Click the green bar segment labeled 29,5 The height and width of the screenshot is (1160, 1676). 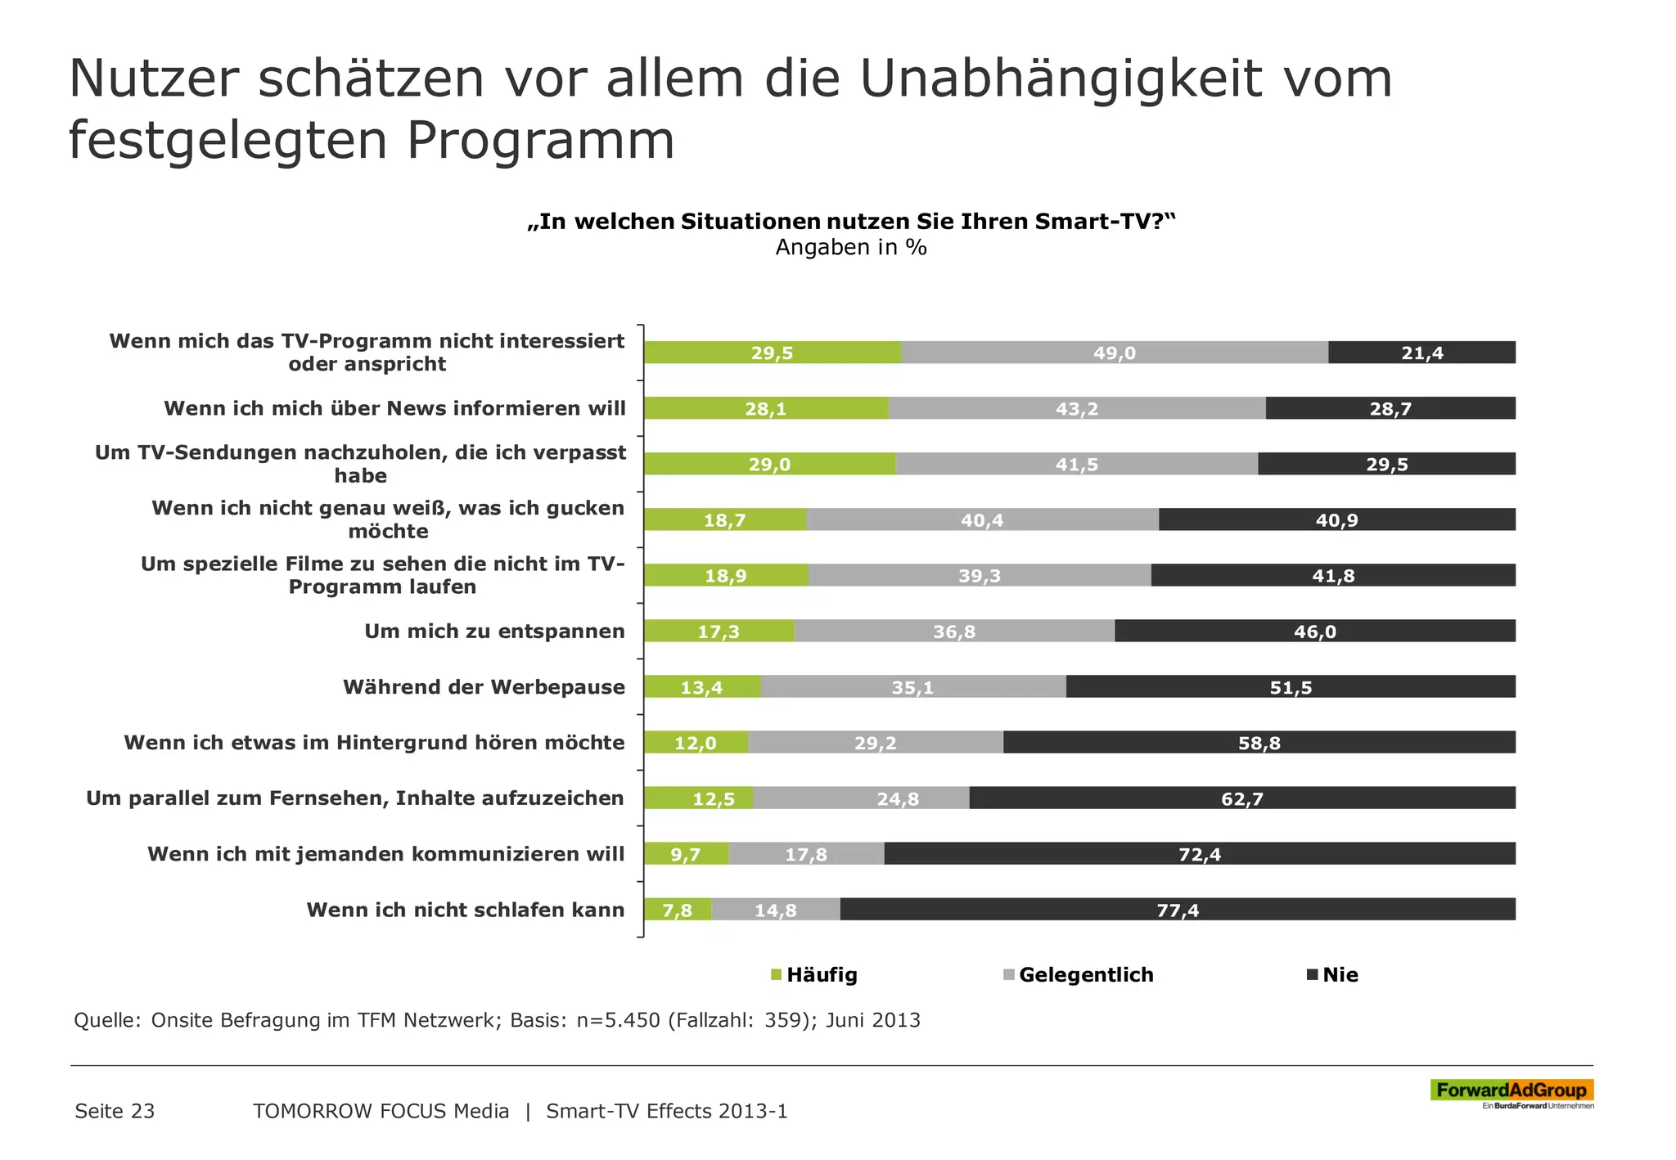[x=772, y=353]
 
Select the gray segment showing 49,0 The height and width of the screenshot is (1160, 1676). [x=1114, y=353]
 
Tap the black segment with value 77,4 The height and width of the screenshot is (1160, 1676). [x=1177, y=910]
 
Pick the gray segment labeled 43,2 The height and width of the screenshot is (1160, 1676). [x=1076, y=408]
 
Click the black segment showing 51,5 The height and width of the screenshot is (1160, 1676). [x=1291, y=687]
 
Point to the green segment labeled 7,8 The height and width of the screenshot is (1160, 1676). [x=678, y=910]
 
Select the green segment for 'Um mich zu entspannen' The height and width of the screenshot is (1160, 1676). [x=718, y=632]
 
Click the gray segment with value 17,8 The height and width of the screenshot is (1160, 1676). [x=806, y=854]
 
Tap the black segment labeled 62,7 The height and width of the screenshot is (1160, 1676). [x=1241, y=798]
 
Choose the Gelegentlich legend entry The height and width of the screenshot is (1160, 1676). [x=1078, y=974]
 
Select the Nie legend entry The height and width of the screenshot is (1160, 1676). [x=1332, y=974]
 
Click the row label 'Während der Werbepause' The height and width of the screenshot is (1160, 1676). [x=484, y=687]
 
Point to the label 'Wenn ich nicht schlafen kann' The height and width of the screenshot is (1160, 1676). [x=465, y=910]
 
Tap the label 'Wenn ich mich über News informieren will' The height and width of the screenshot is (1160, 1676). [x=394, y=408]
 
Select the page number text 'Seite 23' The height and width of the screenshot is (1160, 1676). [x=115, y=1111]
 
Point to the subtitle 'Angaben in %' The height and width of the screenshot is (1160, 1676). [x=851, y=247]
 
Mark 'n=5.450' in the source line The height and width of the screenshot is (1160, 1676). [x=618, y=1020]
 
